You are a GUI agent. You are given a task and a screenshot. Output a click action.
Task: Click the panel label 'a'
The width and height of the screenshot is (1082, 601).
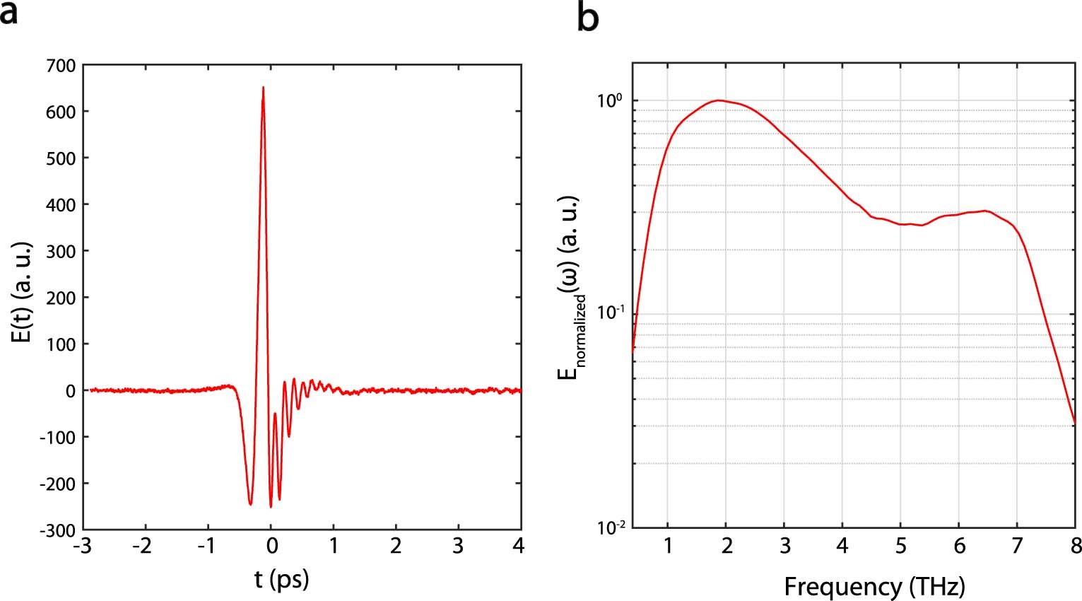(x=8, y=13)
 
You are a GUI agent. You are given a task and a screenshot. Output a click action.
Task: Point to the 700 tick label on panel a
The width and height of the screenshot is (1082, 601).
(x=60, y=66)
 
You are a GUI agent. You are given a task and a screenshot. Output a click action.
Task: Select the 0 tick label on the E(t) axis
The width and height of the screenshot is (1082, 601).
(x=70, y=391)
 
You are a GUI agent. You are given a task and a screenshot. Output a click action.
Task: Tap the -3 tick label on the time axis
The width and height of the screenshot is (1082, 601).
(x=83, y=547)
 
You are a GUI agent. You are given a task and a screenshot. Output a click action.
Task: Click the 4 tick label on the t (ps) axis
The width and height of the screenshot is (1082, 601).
(x=519, y=547)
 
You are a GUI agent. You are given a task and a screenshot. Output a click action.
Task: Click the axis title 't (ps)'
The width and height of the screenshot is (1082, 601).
(x=281, y=579)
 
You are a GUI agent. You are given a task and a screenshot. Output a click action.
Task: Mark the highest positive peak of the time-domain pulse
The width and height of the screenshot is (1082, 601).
(x=263, y=88)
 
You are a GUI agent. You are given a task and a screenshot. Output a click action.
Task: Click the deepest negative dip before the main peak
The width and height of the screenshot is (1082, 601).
(x=250, y=504)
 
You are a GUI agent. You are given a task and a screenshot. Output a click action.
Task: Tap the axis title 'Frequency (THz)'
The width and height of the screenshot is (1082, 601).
(x=874, y=586)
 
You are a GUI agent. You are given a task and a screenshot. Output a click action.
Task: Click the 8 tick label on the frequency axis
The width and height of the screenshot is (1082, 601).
(x=1074, y=547)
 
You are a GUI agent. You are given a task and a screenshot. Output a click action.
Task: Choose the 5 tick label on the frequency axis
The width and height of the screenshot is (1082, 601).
(x=900, y=547)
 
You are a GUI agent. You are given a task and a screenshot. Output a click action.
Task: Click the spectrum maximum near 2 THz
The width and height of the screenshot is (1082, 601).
(x=719, y=100)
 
